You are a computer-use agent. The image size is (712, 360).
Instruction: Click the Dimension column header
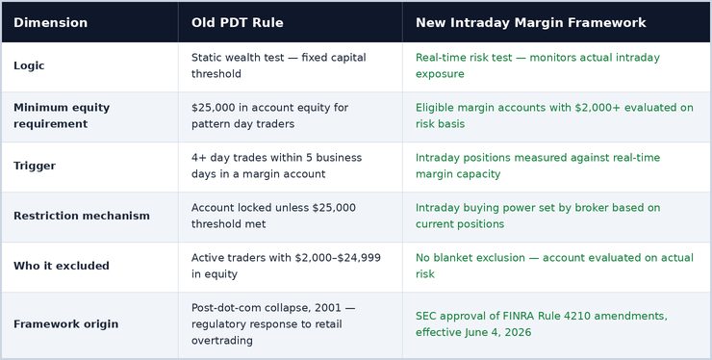point(50,23)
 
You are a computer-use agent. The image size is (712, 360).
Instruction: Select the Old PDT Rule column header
point(237,23)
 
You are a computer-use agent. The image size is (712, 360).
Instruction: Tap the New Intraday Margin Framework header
point(531,23)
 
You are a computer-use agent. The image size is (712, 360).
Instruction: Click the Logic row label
point(29,65)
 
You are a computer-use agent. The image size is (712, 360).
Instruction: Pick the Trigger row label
point(35,166)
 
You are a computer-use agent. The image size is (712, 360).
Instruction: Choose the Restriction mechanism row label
point(82,216)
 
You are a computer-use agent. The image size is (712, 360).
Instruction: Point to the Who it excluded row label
point(62,266)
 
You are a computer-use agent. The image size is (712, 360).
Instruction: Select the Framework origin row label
point(65,324)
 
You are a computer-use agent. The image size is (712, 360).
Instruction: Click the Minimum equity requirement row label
point(62,116)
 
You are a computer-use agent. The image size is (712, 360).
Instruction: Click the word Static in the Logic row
point(205,58)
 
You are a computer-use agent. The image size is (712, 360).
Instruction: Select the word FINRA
point(519,316)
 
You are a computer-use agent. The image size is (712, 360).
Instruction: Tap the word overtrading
point(222,341)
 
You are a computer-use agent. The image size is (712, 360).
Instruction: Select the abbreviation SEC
point(426,316)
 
